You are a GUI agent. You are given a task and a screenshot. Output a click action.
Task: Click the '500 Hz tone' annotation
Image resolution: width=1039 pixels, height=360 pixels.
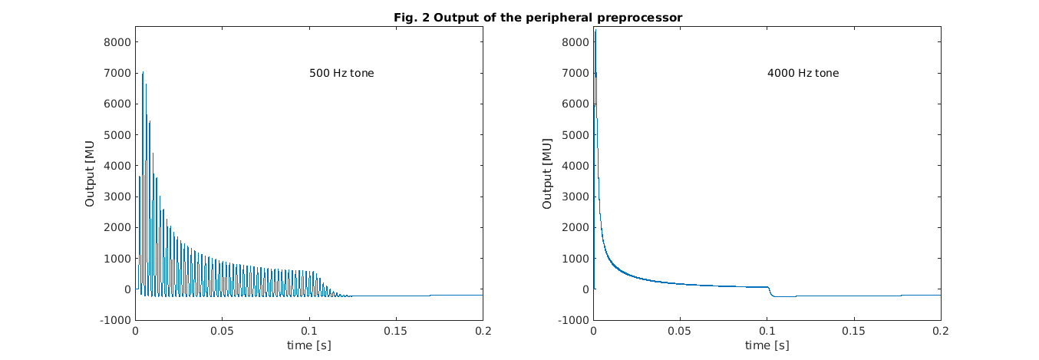tap(341, 74)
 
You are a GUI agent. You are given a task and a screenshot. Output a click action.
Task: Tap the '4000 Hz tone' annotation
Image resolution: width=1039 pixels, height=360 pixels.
tap(803, 74)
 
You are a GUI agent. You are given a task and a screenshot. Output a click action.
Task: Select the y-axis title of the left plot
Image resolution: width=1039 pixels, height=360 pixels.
tap(90, 173)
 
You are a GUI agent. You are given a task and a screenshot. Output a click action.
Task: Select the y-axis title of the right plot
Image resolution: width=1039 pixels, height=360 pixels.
tap(547, 173)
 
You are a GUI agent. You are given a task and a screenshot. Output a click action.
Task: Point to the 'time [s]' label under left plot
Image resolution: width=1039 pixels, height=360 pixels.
tap(308, 345)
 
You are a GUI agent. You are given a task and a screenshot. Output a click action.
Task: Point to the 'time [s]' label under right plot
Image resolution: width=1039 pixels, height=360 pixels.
tap(767, 345)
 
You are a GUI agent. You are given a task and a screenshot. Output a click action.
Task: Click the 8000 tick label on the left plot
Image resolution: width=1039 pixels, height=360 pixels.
tap(117, 42)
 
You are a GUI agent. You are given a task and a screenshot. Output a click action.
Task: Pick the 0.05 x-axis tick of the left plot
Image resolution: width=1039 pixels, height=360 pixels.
tap(222, 331)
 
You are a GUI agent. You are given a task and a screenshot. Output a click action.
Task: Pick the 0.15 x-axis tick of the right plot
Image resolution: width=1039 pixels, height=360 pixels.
tap(853, 331)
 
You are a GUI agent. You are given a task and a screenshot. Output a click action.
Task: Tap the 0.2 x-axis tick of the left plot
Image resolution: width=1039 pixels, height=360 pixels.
tap(483, 331)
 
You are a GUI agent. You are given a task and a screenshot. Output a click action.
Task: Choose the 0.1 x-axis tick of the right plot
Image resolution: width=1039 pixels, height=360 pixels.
tap(767, 331)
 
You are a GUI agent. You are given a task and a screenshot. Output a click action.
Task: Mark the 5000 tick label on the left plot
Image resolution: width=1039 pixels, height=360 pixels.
tap(117, 135)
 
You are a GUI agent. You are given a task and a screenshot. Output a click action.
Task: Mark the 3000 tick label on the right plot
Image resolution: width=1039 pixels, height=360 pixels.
tap(575, 197)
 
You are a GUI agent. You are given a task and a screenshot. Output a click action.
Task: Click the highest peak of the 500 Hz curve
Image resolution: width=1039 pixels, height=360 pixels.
tap(143, 73)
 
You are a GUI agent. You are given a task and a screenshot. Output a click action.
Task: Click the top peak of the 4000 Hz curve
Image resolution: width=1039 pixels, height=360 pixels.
tap(595, 31)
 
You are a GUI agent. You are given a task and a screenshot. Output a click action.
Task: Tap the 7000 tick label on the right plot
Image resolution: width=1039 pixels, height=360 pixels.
tap(575, 73)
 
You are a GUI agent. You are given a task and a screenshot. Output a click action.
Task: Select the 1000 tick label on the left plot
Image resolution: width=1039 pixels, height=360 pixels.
tap(117, 259)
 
